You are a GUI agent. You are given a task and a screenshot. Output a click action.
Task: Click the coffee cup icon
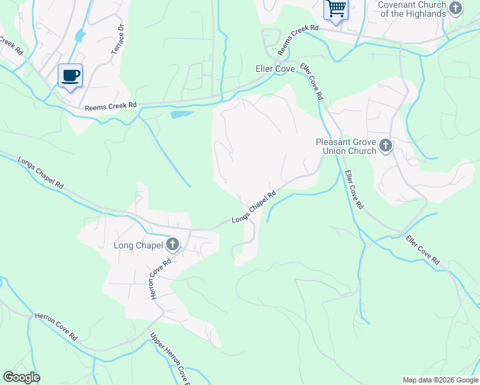pyautogui.click(x=70, y=76)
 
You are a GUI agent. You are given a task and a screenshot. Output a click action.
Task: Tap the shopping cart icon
pyautogui.click(x=336, y=9)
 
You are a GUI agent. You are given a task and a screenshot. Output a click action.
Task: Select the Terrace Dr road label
pyautogui.click(x=118, y=38)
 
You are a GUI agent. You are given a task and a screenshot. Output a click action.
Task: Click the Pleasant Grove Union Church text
pyautogui.click(x=345, y=146)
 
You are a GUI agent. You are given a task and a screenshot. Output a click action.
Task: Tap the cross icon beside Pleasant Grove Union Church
pyautogui.click(x=385, y=146)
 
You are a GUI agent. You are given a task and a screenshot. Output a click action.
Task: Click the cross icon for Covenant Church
pyautogui.click(x=455, y=9)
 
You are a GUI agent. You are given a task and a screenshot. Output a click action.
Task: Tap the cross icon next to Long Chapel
pyautogui.click(x=172, y=244)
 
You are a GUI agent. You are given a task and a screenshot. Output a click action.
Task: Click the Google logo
pyautogui.click(x=22, y=377)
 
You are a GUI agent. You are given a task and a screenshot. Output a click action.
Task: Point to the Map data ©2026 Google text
pyautogui.click(x=441, y=380)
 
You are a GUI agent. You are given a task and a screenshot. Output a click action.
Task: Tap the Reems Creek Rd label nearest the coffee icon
pyautogui.click(x=111, y=107)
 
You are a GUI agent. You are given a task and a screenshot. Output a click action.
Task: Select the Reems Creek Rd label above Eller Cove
pyautogui.click(x=298, y=40)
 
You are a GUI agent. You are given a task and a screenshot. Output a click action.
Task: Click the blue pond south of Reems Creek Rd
pyautogui.click(x=181, y=115)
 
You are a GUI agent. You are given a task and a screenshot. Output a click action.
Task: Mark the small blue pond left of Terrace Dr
pyautogui.click(x=80, y=35)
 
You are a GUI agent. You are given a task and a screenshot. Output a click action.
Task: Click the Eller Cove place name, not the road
pyautogui.click(x=275, y=69)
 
